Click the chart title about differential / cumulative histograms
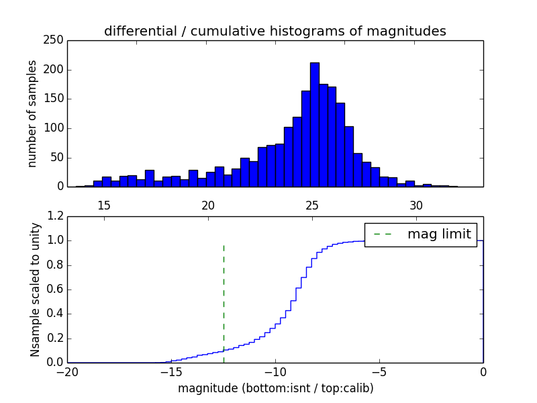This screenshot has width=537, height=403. (x=275, y=32)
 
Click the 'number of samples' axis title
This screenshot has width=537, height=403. (x=32, y=114)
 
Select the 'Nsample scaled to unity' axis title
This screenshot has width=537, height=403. (x=35, y=289)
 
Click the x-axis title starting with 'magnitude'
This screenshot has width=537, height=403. (x=275, y=388)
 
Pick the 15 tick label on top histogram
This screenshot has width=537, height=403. (x=104, y=205)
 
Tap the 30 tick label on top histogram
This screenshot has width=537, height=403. (x=416, y=205)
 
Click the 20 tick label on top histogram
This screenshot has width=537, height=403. (x=208, y=205)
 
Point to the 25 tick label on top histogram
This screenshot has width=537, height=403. (x=312, y=205)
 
